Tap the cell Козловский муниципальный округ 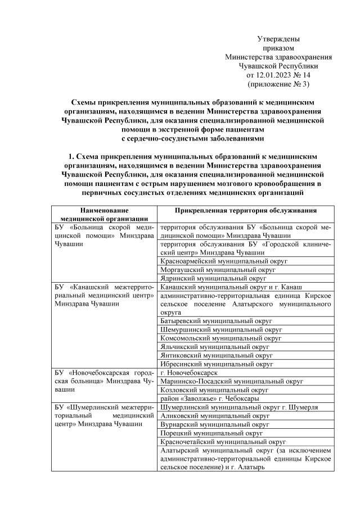[x=214, y=389]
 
